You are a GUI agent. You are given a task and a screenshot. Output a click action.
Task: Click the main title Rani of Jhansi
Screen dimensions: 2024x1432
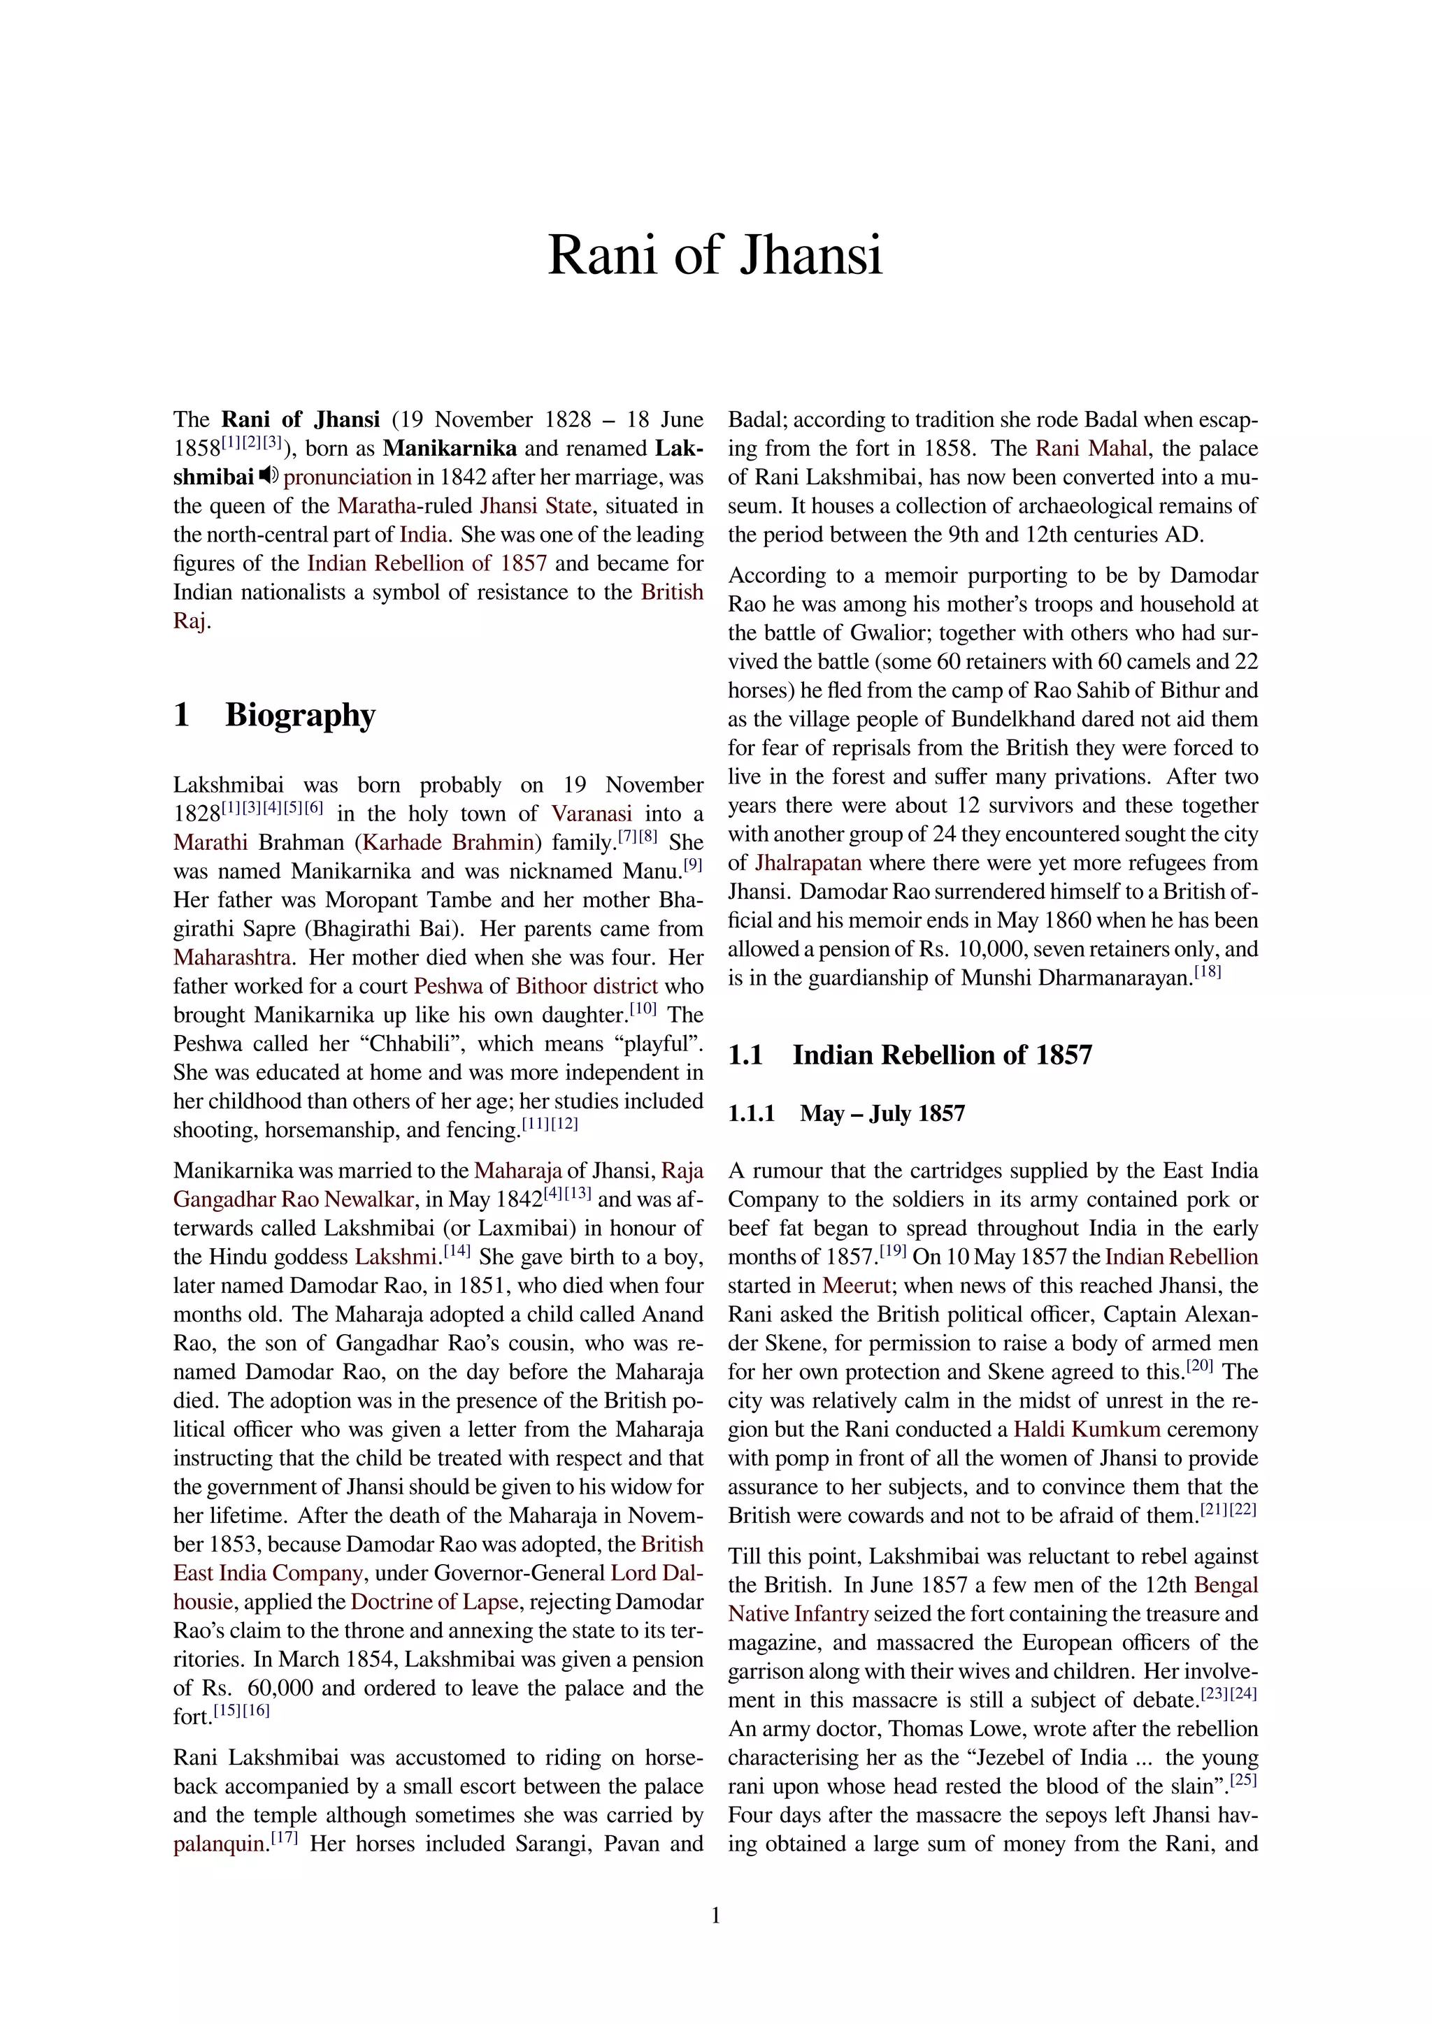(x=715, y=256)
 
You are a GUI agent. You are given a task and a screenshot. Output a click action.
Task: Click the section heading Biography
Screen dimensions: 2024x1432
(x=300, y=714)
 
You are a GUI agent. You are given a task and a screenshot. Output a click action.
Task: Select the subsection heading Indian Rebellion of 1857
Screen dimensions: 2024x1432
(x=942, y=1055)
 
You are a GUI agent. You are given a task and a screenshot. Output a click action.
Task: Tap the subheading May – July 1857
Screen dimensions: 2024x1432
(x=882, y=1113)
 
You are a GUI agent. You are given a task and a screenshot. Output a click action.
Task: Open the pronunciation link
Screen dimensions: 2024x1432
(x=348, y=478)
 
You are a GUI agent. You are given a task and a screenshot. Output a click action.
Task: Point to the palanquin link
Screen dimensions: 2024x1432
(x=219, y=1844)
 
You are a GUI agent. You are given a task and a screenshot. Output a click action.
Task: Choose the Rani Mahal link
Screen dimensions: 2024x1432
(x=1091, y=449)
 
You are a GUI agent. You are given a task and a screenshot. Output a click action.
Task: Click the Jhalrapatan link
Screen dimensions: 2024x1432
(x=808, y=863)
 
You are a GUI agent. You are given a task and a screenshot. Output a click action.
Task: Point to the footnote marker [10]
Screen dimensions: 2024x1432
(x=643, y=1009)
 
